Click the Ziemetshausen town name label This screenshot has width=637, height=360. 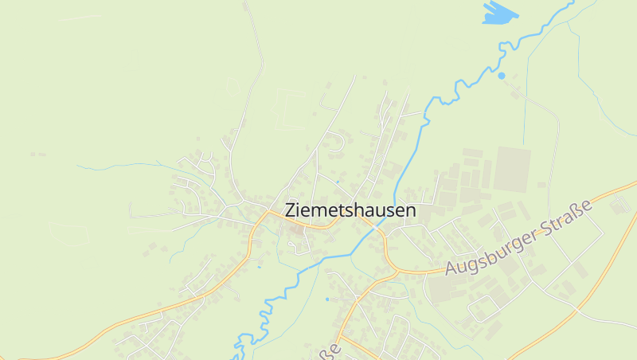point(350,211)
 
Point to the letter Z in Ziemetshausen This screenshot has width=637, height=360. point(291,211)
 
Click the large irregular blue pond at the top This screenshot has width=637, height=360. point(499,12)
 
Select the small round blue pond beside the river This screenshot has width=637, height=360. point(501,76)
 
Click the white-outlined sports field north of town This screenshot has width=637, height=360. point(290,109)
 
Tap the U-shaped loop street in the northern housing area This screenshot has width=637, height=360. point(335,143)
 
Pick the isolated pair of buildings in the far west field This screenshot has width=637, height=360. point(37,154)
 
